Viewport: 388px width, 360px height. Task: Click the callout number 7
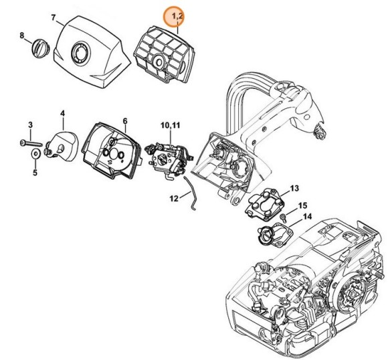click(x=54, y=18)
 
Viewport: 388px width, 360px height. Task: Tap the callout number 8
click(x=22, y=35)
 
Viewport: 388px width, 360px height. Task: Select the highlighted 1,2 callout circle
click(x=174, y=17)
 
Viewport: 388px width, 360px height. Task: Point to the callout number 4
click(x=62, y=114)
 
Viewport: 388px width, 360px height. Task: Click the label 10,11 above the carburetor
click(x=171, y=125)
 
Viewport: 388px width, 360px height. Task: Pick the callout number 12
click(x=174, y=198)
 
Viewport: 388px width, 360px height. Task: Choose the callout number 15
click(x=302, y=205)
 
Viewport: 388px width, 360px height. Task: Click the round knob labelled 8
click(x=40, y=48)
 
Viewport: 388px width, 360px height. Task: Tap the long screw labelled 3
click(x=31, y=143)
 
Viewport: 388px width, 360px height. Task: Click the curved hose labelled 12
click(x=191, y=193)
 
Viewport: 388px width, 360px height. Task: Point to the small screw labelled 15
click(x=283, y=217)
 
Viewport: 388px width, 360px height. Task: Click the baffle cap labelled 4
click(x=62, y=147)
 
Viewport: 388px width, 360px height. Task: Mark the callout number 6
click(x=125, y=121)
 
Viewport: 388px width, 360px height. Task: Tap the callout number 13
click(x=294, y=188)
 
